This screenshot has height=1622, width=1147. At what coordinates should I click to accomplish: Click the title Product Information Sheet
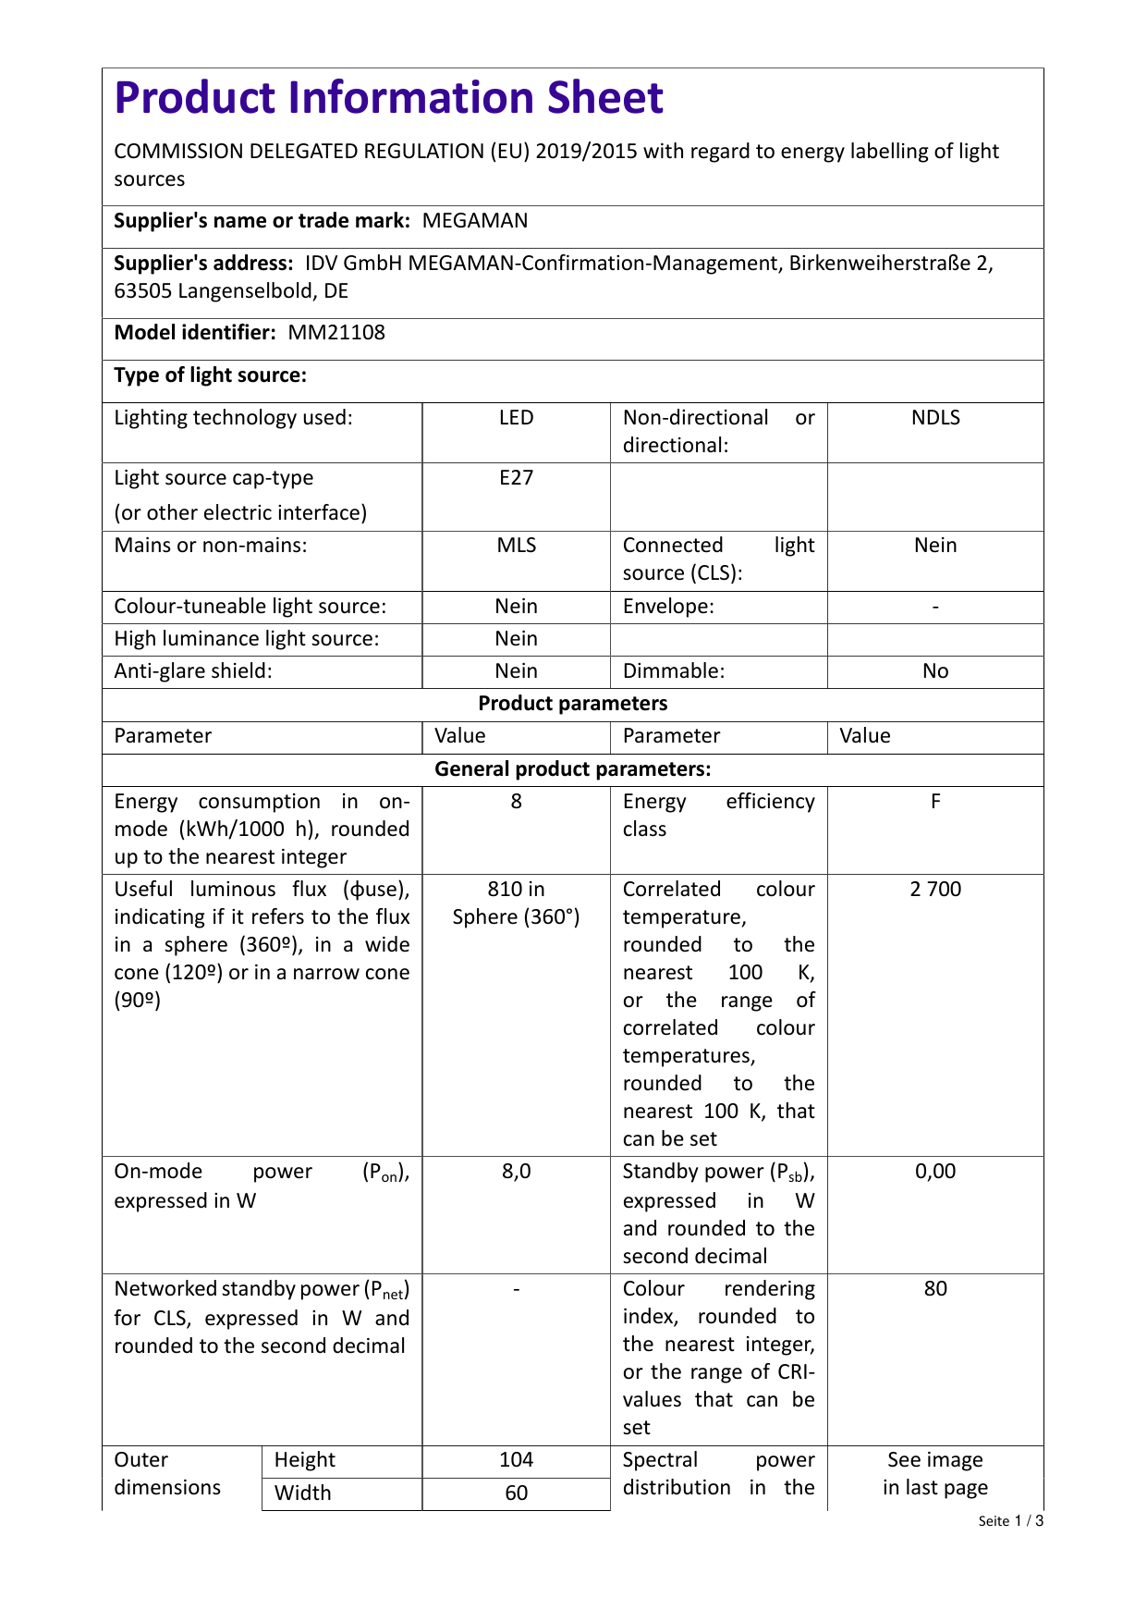point(388,98)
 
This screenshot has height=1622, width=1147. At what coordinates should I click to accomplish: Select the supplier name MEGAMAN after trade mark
point(475,221)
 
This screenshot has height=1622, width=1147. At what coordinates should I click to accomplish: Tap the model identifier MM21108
point(336,333)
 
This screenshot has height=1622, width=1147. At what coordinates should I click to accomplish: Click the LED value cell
point(516,418)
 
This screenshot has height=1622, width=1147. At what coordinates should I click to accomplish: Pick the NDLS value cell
point(935,418)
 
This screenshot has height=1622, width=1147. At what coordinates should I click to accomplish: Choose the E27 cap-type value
point(516,478)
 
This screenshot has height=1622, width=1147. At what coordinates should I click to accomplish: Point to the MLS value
point(516,546)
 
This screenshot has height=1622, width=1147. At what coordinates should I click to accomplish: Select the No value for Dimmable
point(935,671)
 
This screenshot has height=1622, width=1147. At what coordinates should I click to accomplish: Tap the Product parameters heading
point(572,704)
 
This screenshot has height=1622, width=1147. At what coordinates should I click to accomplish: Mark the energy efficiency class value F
point(935,802)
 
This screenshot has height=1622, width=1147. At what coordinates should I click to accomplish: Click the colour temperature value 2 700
point(935,890)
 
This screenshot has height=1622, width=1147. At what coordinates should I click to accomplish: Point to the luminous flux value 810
point(516,890)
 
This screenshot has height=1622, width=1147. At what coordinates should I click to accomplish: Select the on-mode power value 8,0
point(516,1172)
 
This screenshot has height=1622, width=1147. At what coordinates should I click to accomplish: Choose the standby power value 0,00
point(935,1172)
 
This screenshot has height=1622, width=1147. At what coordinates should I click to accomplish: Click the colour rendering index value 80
point(935,1289)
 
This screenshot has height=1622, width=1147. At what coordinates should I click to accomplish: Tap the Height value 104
point(516,1460)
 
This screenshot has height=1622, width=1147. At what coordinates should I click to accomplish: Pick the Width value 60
point(516,1493)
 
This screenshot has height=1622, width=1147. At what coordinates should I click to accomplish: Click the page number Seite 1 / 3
point(1010,1521)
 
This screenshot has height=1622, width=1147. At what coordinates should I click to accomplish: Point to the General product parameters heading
point(572,769)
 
